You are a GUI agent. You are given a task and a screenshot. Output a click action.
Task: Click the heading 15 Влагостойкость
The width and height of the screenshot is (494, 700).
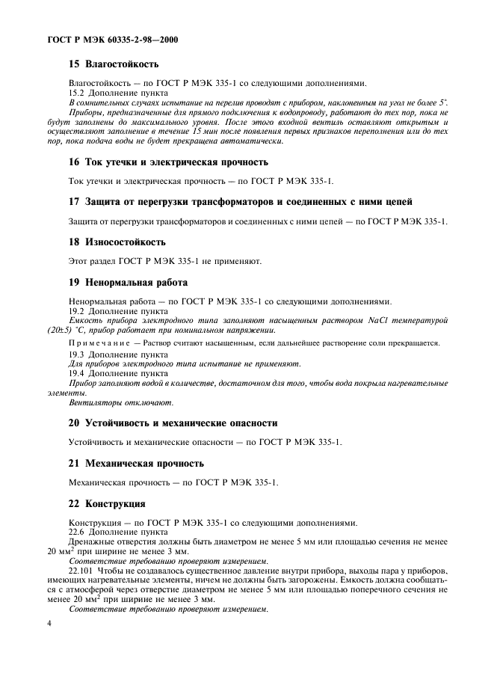(x=114, y=64)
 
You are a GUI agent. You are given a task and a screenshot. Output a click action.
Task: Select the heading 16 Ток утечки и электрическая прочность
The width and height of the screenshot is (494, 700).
(x=168, y=162)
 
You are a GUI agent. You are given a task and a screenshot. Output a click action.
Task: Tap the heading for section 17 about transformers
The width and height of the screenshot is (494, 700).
(x=240, y=202)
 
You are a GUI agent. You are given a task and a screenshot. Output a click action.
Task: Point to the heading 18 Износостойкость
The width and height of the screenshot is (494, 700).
(x=117, y=242)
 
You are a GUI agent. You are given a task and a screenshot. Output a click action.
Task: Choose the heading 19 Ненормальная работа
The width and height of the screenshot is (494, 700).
(x=128, y=283)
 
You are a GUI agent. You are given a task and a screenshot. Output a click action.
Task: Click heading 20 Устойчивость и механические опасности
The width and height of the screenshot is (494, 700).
(x=173, y=423)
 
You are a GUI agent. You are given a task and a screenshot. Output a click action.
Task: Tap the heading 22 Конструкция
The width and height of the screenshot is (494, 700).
(x=107, y=503)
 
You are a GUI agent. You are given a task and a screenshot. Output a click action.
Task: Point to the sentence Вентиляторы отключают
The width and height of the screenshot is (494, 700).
(x=109, y=402)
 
